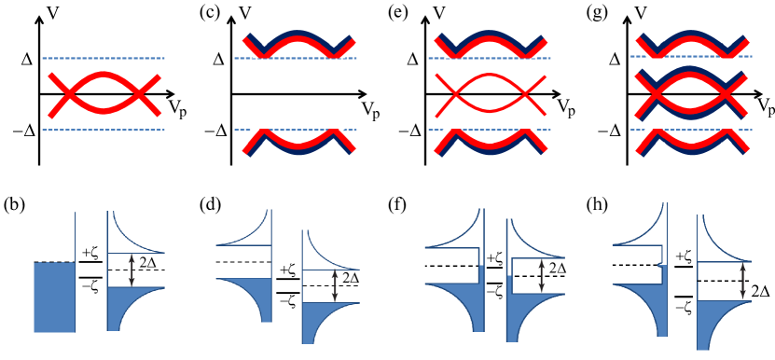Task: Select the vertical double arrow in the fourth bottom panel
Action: tap(742, 280)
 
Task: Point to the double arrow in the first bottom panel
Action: tap(132, 270)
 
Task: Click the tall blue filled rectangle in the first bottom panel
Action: tap(54, 297)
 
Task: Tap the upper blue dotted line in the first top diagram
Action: tap(103, 59)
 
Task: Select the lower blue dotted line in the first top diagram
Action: tap(103, 131)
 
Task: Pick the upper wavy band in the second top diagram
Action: tap(298, 45)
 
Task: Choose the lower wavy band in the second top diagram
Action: tap(298, 142)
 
